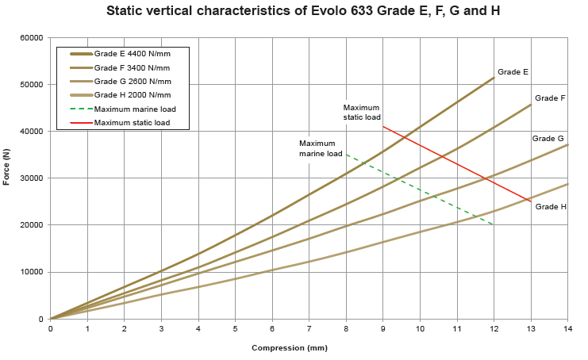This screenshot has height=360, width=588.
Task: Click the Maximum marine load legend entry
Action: (134, 109)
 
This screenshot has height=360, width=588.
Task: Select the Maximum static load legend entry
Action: (132, 122)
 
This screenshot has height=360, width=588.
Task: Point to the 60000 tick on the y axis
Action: (32, 38)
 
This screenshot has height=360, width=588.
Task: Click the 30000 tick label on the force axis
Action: (32, 178)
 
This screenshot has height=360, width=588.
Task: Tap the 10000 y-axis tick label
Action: (32, 272)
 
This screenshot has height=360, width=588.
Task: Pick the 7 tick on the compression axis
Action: (309, 327)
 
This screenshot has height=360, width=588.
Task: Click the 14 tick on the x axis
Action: (567, 327)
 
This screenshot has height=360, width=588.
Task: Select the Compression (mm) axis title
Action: (289, 347)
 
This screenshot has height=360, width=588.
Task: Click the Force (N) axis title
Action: (6, 167)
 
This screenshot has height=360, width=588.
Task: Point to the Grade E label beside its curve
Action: (513, 72)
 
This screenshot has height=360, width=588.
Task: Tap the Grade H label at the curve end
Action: (551, 206)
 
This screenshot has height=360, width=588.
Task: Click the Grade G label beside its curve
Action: (548, 138)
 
